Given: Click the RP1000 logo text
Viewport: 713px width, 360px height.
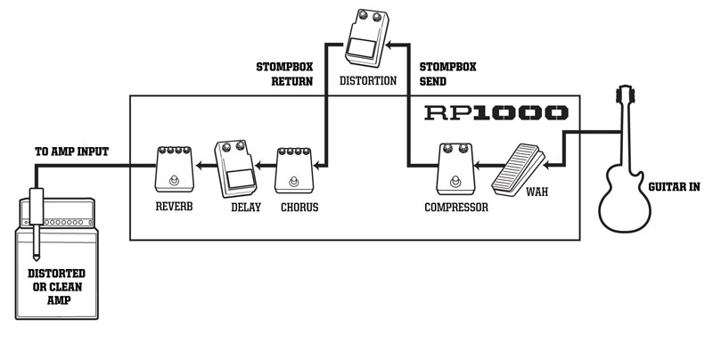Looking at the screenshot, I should click(496, 113).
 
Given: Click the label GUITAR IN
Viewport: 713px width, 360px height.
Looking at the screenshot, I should click(676, 187).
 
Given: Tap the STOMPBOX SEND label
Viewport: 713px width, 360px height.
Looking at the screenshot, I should click(447, 73).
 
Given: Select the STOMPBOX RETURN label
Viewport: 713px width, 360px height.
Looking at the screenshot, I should click(284, 73).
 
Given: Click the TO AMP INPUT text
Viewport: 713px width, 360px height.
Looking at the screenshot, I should click(70, 151).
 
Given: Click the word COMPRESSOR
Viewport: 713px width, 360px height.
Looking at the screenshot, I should click(456, 208).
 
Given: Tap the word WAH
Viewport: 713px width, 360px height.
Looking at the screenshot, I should click(537, 192).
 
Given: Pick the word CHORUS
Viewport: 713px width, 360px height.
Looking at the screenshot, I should click(299, 208).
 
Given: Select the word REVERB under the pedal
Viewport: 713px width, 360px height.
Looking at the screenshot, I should click(173, 208).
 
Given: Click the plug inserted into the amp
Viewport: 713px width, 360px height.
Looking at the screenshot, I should click(37, 223).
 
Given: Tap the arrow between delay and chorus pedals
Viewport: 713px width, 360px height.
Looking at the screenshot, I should click(264, 165).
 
